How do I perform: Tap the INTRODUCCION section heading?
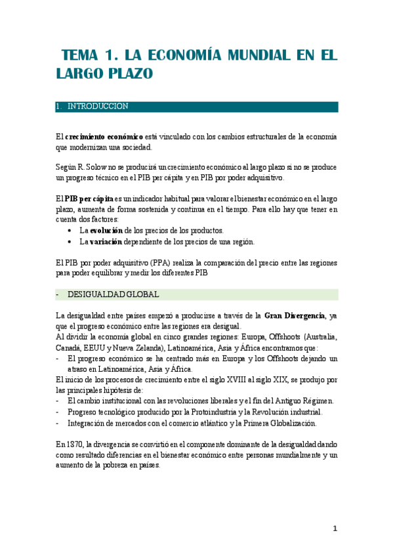point(98,106)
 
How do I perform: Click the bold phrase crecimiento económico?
point(104,136)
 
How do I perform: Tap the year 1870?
point(74,443)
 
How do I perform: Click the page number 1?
point(335,528)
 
